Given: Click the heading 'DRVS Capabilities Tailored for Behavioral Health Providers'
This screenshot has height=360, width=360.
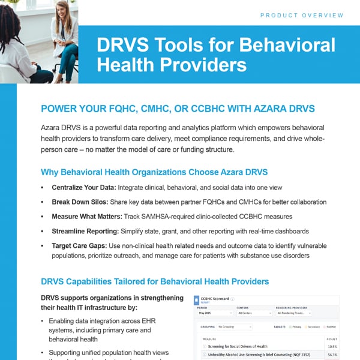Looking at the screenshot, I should [x=155, y=281].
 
